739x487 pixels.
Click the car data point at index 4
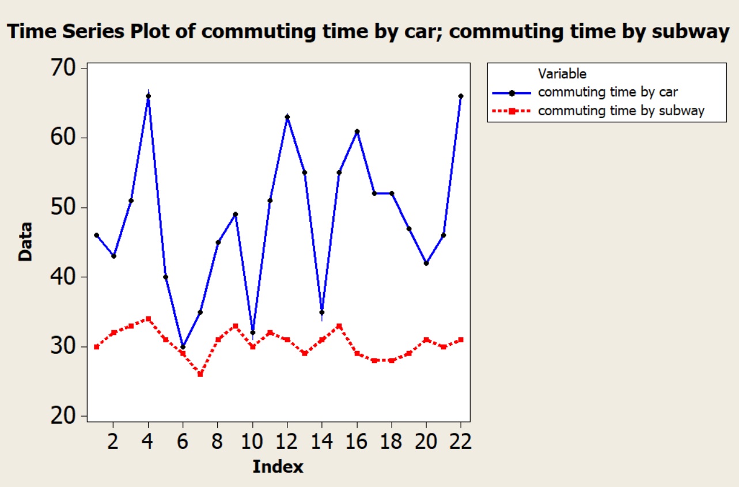click(149, 96)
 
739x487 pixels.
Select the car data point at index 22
click(461, 96)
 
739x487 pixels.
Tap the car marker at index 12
click(287, 117)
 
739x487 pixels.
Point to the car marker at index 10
click(252, 333)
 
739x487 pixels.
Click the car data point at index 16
click(357, 131)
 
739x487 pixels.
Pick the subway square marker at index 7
click(200, 375)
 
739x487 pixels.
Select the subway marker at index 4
click(149, 319)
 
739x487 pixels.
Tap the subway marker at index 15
click(339, 326)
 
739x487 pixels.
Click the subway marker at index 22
click(461, 339)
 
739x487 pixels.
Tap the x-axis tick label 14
click(321, 441)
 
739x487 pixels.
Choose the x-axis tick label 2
click(114, 441)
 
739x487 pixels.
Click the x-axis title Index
click(278, 466)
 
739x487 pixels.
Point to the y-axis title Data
click(25, 242)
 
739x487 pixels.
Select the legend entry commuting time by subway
click(621, 111)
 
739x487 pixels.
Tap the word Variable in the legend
click(562, 74)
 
